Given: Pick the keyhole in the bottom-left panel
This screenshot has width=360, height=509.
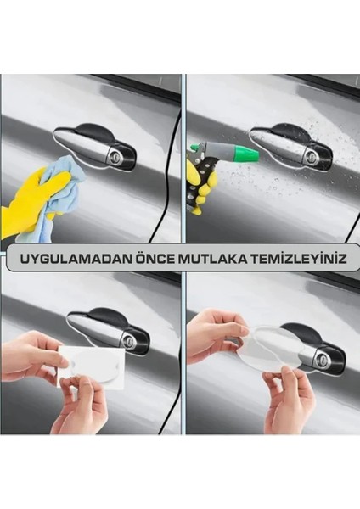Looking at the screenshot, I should (130, 340).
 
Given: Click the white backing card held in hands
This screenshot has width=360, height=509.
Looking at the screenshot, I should (93, 369).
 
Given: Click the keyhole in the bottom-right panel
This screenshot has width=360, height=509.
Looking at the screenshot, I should (322, 361).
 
